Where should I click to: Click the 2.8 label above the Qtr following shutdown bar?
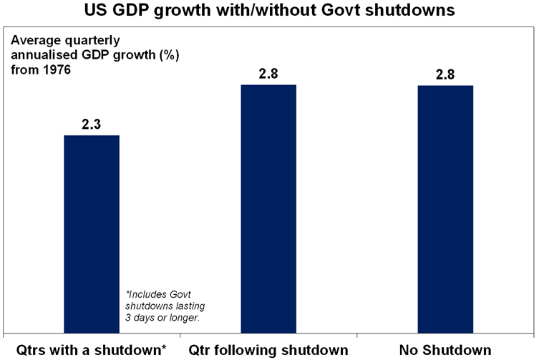(x=268, y=74)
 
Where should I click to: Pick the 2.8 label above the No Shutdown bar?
(x=445, y=74)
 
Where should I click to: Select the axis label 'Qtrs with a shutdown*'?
(x=92, y=350)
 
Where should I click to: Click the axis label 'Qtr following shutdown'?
(x=268, y=350)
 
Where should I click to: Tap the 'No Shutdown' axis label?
(x=446, y=350)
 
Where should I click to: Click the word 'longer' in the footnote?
(x=181, y=317)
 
